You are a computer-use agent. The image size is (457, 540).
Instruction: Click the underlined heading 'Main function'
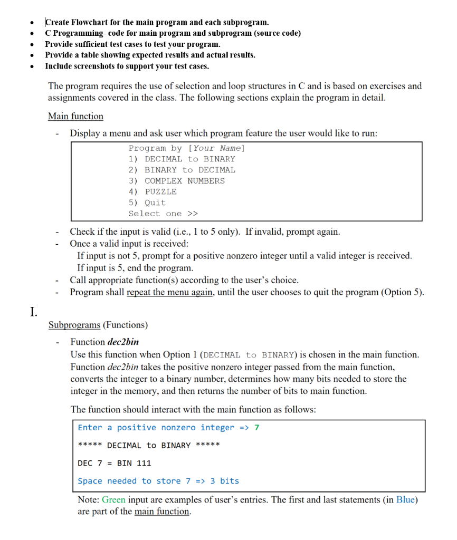[x=75, y=116]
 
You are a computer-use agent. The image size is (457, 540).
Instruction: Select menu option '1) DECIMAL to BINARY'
[x=182, y=159]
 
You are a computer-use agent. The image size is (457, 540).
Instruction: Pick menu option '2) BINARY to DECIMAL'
[x=182, y=170]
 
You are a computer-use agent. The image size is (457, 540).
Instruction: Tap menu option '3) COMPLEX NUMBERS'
[x=177, y=181]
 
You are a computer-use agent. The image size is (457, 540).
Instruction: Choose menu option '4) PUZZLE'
[x=153, y=192]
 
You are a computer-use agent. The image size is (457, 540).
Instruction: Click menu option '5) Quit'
[x=147, y=202]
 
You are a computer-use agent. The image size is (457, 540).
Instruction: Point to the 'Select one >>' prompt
[x=163, y=214]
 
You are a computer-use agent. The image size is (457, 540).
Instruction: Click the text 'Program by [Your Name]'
[x=187, y=148]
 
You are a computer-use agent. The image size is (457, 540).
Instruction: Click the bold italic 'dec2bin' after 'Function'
[x=123, y=342]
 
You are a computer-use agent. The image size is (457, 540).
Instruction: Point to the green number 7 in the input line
[x=257, y=428]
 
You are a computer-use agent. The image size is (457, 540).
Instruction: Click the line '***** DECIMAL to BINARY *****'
[x=149, y=446]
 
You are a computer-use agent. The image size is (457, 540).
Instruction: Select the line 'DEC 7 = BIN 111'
[x=115, y=463]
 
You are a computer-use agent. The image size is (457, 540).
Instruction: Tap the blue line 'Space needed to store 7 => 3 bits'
[x=158, y=481]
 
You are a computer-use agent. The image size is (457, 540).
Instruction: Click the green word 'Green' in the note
[x=113, y=499]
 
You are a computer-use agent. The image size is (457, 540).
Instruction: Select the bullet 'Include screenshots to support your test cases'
[x=127, y=66]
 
